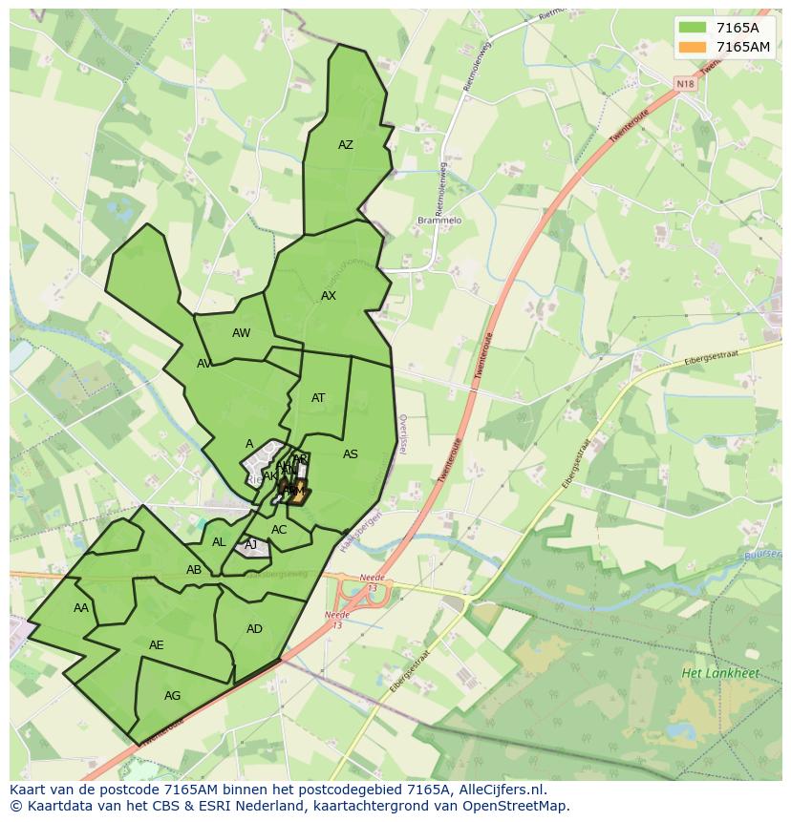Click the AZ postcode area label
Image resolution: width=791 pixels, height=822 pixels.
click(x=346, y=145)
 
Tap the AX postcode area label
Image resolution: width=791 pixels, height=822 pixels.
click(x=329, y=296)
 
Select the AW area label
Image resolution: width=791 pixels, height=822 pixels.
click(x=241, y=333)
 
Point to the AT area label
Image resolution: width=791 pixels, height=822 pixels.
click(x=318, y=398)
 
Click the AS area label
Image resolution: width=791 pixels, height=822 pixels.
click(x=351, y=454)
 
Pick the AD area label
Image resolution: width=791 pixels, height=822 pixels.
click(x=254, y=629)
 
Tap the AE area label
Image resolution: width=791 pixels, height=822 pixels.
click(x=157, y=645)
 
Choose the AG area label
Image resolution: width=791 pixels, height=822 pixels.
click(x=172, y=696)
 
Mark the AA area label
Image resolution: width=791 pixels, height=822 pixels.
click(x=81, y=608)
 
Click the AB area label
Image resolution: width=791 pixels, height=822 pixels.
click(x=194, y=570)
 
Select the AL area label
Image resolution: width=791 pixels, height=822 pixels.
click(x=219, y=542)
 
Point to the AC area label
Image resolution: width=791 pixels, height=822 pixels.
click(x=279, y=530)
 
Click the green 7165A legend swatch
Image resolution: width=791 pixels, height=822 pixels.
click(x=693, y=27)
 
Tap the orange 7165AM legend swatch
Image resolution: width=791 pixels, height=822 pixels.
click(x=693, y=46)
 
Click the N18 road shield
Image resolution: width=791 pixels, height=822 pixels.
click(x=685, y=84)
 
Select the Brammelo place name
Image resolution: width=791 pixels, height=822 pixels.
click(x=439, y=221)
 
